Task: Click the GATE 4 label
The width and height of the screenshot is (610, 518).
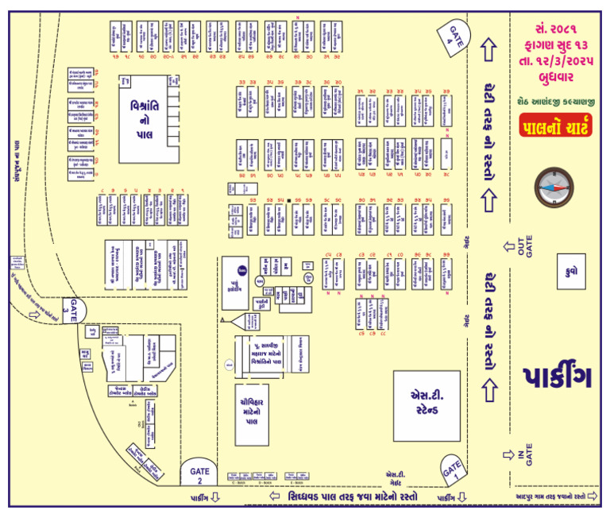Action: (x=454, y=35)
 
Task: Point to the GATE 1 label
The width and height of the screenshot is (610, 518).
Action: (x=451, y=470)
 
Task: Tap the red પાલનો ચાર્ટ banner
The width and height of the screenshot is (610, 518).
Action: (x=556, y=126)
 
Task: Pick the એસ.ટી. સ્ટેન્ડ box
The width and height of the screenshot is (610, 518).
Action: (x=427, y=406)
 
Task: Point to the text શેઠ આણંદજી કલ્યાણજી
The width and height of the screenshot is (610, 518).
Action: (x=555, y=100)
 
